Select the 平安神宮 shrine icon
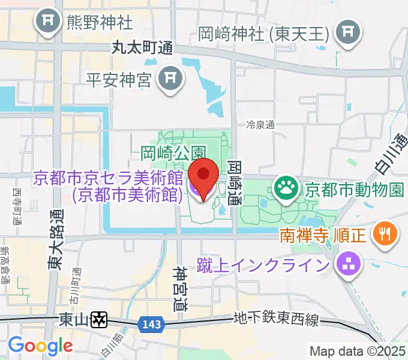coord(170,78)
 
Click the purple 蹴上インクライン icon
coord(346,263)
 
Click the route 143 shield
coord(151,324)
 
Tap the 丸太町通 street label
coord(142,49)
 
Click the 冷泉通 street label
coord(260,125)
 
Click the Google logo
coord(40,346)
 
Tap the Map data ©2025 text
coord(358,352)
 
